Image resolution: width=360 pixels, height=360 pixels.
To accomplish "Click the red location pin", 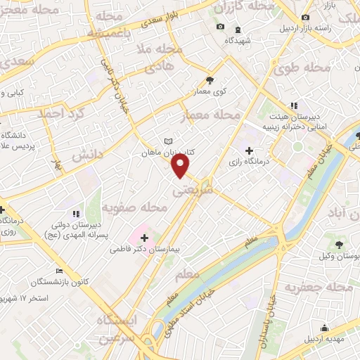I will coord(181,165).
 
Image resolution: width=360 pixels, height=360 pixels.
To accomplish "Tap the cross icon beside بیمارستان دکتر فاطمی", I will coord(145,239).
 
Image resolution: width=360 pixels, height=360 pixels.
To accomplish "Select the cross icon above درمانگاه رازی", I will coord(249,150).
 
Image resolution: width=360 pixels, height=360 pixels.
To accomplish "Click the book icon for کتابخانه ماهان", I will coord(167,141).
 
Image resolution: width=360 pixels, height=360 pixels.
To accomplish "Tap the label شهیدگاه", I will coord(238,41).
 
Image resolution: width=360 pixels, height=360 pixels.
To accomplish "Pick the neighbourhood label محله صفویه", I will coord(134,208).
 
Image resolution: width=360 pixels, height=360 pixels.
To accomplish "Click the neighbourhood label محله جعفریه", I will coord(319,287).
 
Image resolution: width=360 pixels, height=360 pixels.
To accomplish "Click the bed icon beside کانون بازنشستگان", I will coord(59,271).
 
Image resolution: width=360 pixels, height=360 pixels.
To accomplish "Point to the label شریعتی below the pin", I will coord(192,190).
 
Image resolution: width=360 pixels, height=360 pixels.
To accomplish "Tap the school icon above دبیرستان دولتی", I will coord(75,214).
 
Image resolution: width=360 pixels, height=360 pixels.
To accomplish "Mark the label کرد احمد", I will coord(61,113).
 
